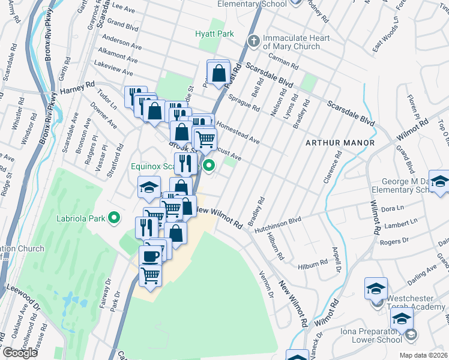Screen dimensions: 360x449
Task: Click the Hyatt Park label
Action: click(x=214, y=34)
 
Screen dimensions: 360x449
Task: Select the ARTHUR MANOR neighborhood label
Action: click(x=340, y=143)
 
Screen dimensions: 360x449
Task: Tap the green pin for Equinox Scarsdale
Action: click(x=209, y=166)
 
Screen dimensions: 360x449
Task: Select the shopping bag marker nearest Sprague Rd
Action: click(x=218, y=73)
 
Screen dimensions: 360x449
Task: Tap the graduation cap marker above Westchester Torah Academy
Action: click(x=376, y=288)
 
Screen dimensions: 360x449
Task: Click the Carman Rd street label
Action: click(x=285, y=62)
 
